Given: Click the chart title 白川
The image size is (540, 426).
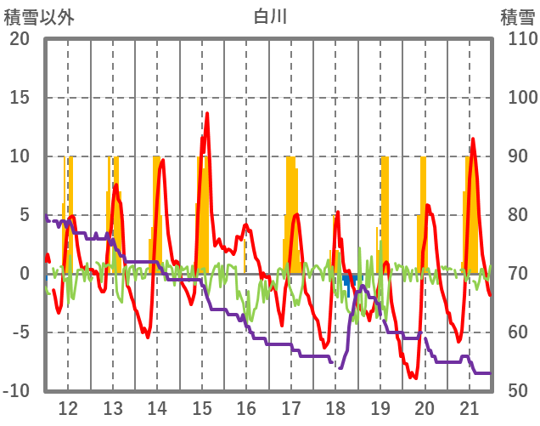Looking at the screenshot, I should coord(270,16).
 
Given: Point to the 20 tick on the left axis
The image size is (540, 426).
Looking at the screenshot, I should coord(20,39).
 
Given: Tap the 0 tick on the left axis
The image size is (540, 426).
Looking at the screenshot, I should coord(25,274).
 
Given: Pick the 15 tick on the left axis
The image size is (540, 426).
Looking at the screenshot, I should coord(20,98).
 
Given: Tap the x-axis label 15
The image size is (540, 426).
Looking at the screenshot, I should coord(202,406).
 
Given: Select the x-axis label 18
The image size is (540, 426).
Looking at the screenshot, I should coord(335,406).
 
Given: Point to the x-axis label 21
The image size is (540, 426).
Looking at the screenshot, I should coord(470,406).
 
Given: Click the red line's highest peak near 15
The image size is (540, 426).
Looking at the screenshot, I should coord(206,113).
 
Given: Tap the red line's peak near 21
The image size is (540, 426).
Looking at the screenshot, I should coord(473,139).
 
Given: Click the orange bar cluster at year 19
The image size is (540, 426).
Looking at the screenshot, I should coord(385,213).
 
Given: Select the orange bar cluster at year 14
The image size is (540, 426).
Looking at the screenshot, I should coord(156,213).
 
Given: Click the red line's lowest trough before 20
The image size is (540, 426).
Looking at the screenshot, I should coord(413,378).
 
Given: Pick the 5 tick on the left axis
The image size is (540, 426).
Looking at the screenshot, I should coord(25,215).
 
